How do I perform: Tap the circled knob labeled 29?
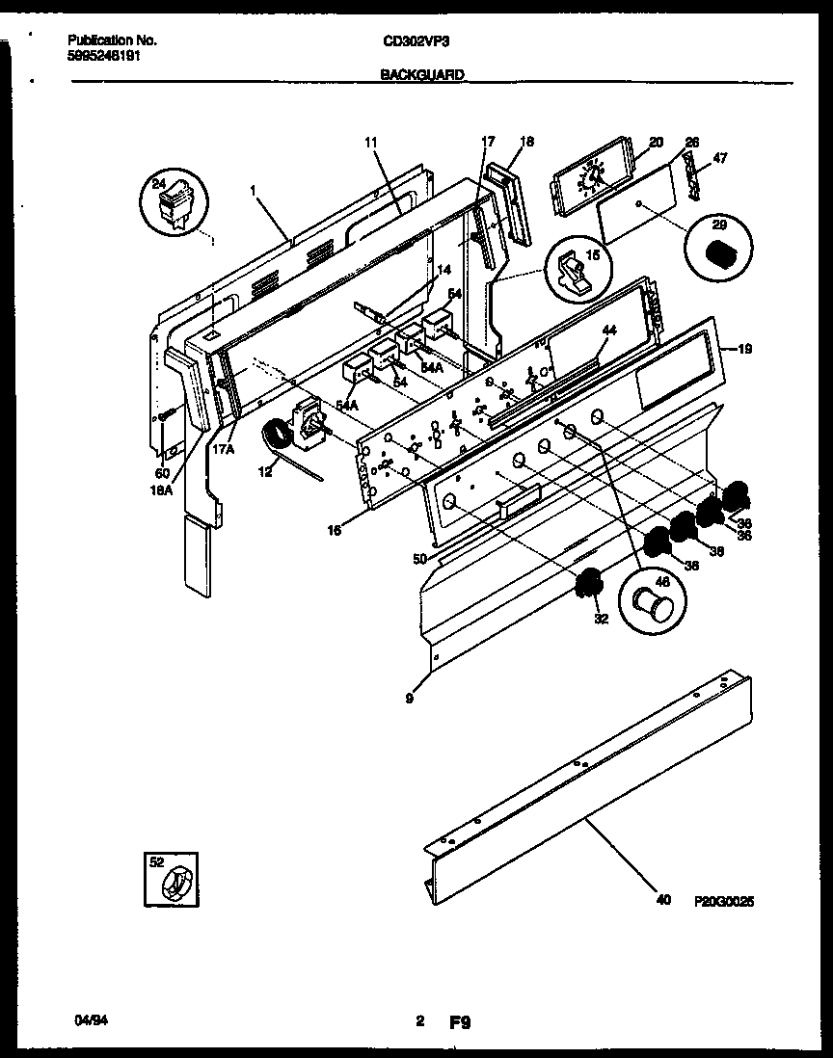(x=718, y=253)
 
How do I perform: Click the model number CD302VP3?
(x=416, y=41)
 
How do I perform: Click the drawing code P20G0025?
(x=723, y=903)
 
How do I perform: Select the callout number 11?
(x=370, y=143)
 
